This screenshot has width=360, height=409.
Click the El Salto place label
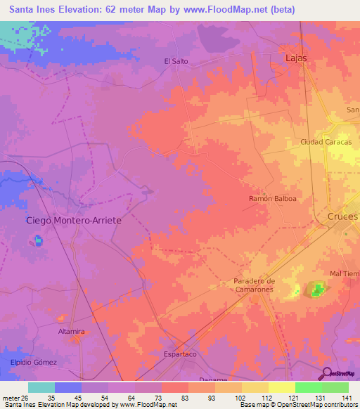[x=176, y=62]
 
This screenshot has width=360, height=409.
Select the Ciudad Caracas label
[x=326, y=142]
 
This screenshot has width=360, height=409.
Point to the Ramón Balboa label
[x=273, y=199]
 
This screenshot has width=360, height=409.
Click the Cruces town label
[x=342, y=217]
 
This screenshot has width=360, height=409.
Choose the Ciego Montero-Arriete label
[x=74, y=221]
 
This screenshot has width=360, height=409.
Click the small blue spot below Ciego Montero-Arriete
[x=37, y=241]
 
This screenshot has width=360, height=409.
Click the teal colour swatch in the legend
[x=41, y=387]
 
